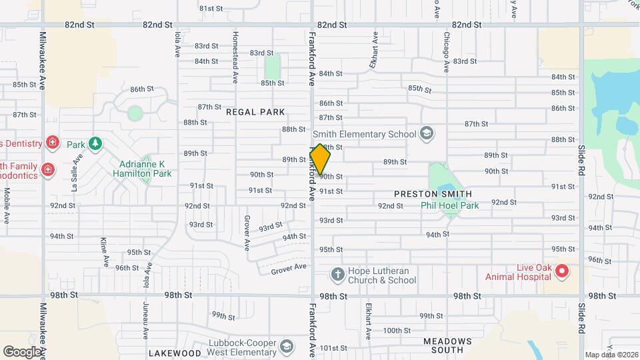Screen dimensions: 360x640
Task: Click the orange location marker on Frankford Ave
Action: click(x=320, y=159)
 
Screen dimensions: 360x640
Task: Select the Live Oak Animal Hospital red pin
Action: click(x=561, y=271)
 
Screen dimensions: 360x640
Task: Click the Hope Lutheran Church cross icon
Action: click(x=337, y=275)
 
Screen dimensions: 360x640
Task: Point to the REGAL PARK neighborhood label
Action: click(x=255, y=112)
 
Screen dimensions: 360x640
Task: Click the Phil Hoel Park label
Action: click(x=449, y=205)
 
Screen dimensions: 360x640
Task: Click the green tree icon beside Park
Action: click(x=95, y=144)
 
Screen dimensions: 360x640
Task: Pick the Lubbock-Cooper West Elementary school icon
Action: click(x=286, y=346)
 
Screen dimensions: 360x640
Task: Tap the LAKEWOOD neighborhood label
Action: click(x=175, y=353)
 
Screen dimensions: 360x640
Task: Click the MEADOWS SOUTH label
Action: click(x=447, y=345)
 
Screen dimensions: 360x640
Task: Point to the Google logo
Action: click(x=22, y=351)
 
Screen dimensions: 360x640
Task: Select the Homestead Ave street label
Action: click(x=235, y=56)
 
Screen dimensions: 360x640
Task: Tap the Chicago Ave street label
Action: click(x=446, y=51)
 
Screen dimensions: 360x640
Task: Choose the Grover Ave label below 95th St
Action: click(x=289, y=267)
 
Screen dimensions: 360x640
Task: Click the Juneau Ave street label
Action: click(x=145, y=317)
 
